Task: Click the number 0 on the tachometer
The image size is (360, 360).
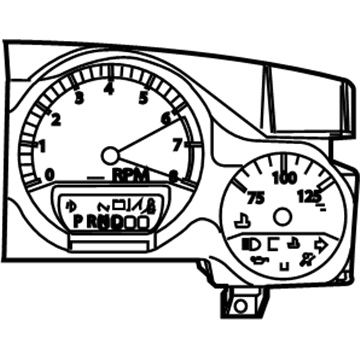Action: coord(50,174)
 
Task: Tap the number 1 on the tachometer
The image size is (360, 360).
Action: coord(41,147)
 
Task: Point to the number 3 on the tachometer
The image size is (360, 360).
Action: coord(78,97)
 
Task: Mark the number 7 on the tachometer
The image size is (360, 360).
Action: coord(178,146)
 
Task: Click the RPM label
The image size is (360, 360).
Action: coord(130,175)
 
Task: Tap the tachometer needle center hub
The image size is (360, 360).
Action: coord(110,154)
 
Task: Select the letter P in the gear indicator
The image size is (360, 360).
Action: coord(78,219)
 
